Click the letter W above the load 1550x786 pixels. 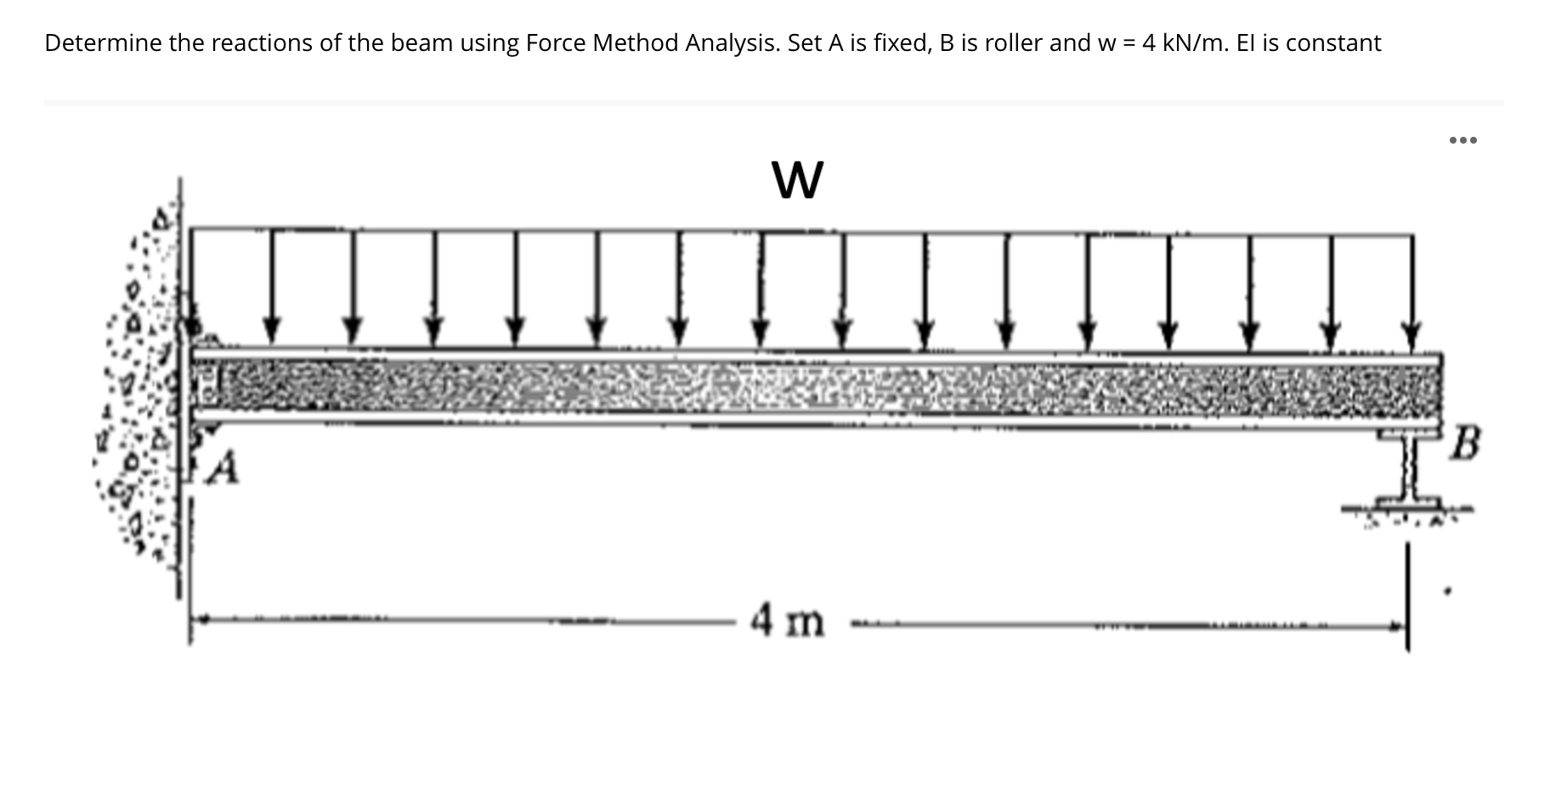[797, 180]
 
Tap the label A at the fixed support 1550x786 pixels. [223, 468]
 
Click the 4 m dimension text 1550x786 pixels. [787, 621]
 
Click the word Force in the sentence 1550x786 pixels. [555, 43]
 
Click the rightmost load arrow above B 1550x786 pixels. [1411, 289]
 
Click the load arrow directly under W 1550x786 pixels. [761, 289]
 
